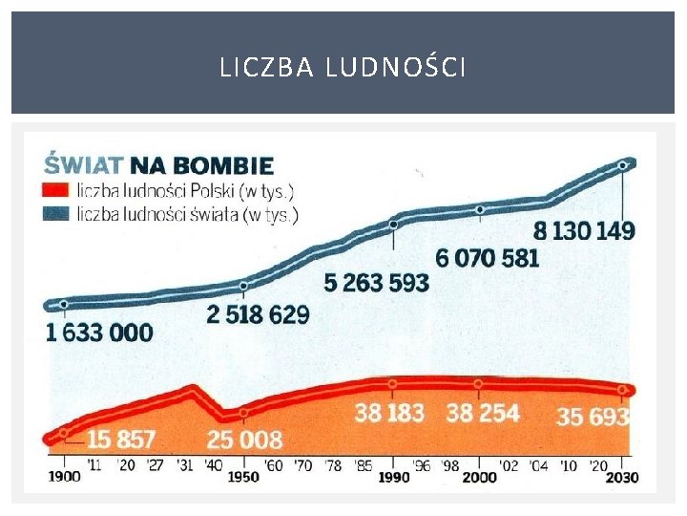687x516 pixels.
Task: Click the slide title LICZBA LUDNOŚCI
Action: (343, 68)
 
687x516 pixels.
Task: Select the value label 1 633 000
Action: (99, 333)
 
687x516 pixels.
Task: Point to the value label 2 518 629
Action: (258, 313)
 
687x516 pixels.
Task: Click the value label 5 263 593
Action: (376, 283)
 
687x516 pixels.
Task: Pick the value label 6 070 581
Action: (487, 257)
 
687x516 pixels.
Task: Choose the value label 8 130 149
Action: (584, 230)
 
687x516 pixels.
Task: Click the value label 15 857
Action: (121, 440)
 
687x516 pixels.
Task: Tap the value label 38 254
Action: (483, 413)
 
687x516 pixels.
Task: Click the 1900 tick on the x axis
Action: (64, 476)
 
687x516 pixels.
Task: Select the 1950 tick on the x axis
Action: (243, 476)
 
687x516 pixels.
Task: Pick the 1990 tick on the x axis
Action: (391, 476)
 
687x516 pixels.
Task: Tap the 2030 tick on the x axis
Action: (622, 476)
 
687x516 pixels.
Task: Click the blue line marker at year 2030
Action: (623, 165)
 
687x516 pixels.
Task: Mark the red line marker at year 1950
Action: (244, 413)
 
